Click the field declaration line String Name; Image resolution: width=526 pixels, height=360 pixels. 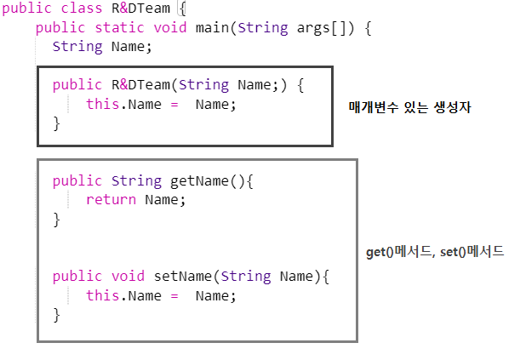tap(102, 46)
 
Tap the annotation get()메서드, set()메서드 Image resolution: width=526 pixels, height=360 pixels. tap(435, 253)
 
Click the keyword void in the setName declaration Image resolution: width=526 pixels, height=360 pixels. tap(128, 277)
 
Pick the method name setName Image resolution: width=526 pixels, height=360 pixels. tap(182, 277)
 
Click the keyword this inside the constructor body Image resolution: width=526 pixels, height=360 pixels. tap(102, 104)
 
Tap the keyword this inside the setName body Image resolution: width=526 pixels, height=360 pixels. tap(102, 295)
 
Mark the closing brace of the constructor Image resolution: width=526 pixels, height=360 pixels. tap(57, 123)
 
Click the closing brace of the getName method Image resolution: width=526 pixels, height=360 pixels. tap(57, 220)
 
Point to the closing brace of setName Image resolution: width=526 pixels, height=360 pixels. tap(57, 315)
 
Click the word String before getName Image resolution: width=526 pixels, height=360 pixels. tap(136, 180)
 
